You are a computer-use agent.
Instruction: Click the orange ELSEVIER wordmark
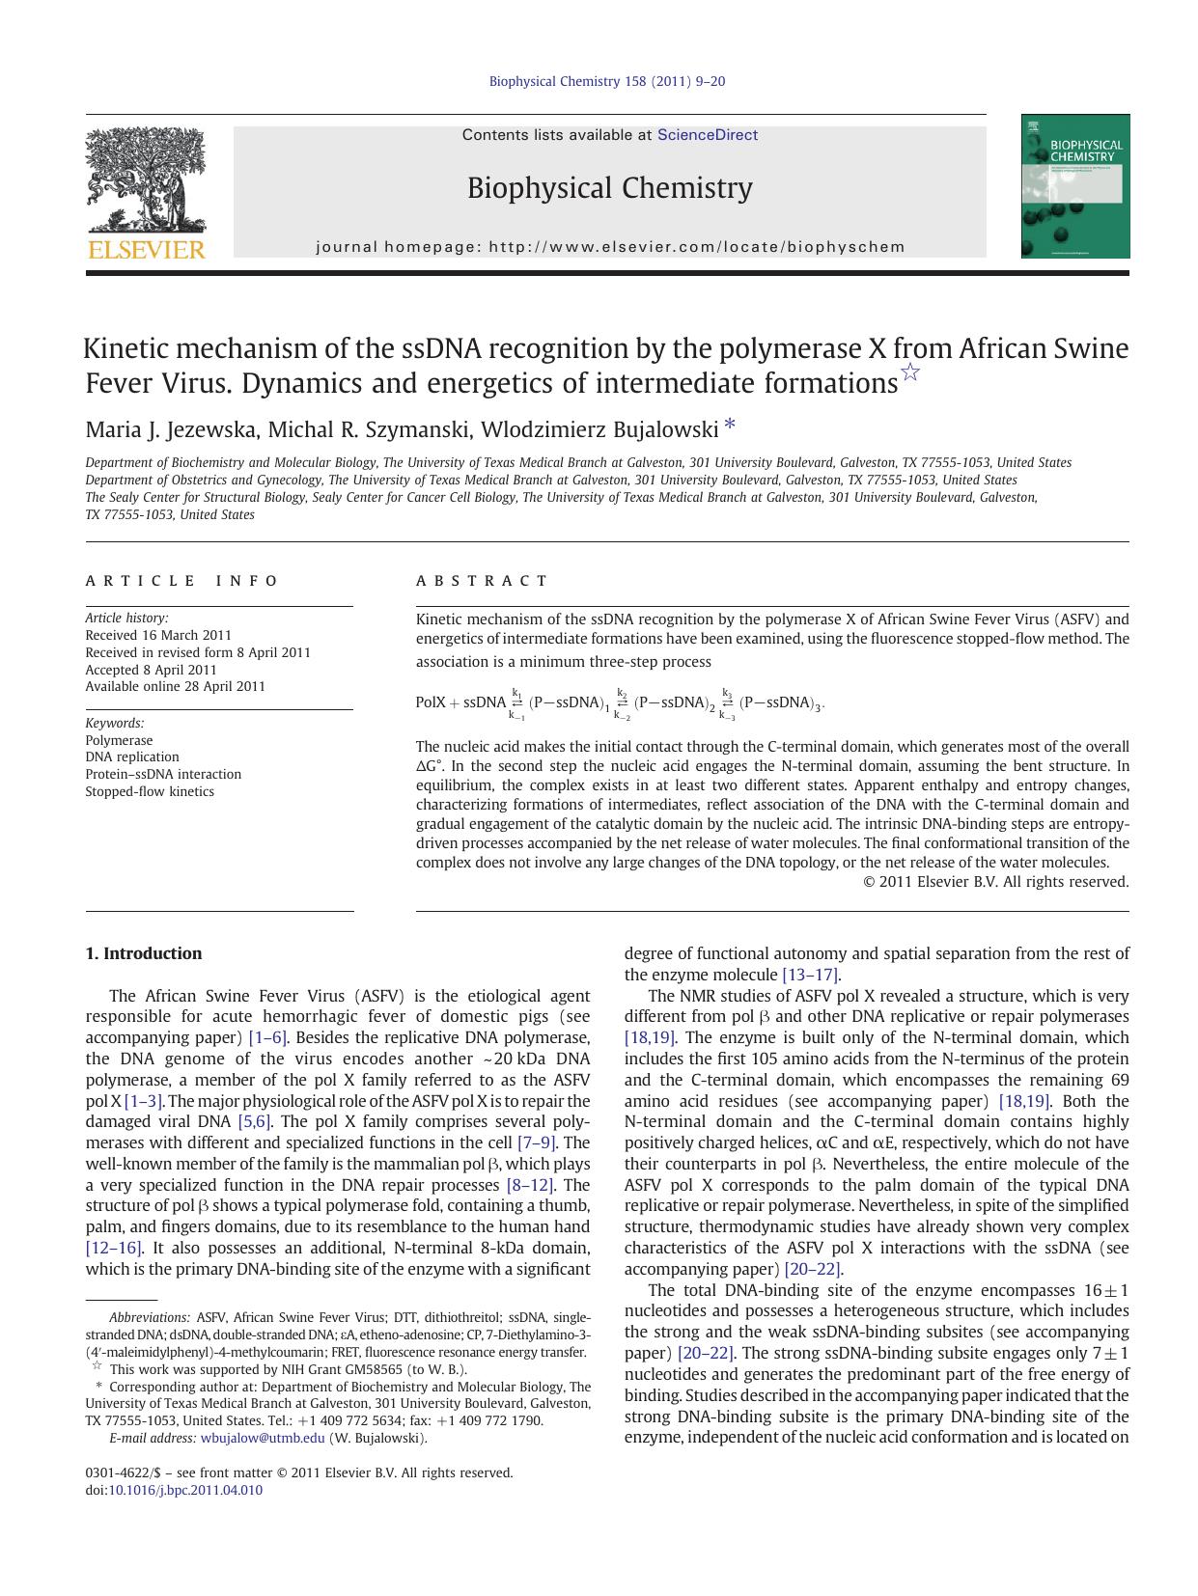click(146, 250)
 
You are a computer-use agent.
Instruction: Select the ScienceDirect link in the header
click(707, 135)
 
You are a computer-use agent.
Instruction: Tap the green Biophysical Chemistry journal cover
click(1074, 186)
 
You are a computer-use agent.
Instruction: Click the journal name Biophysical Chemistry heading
click(609, 187)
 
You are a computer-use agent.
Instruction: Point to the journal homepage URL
click(697, 247)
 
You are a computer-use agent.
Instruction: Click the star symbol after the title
click(909, 372)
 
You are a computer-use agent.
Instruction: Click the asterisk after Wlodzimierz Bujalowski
click(730, 425)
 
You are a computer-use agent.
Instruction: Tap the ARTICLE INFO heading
click(181, 581)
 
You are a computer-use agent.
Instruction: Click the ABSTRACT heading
click(482, 581)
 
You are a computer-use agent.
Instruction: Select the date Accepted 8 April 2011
click(151, 670)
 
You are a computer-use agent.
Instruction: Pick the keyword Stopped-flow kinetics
click(150, 791)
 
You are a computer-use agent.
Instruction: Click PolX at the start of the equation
click(431, 702)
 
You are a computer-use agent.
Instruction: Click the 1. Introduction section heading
click(144, 953)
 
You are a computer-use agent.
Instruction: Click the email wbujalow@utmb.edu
click(263, 1438)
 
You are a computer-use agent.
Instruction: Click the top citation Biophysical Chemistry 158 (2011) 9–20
click(606, 81)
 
